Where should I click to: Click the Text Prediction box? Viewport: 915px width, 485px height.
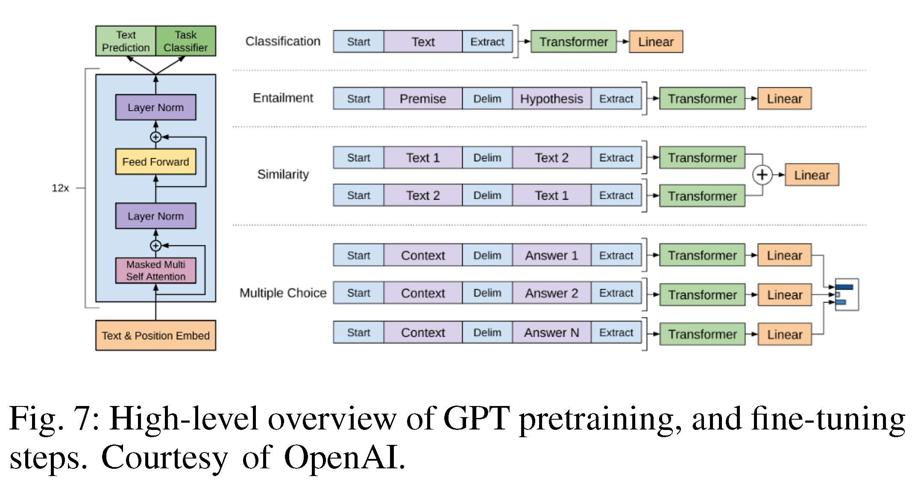point(126,41)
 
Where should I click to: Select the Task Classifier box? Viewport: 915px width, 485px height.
point(186,41)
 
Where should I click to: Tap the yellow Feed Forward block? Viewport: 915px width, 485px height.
point(155,162)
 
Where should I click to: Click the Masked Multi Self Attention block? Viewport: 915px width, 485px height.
point(155,270)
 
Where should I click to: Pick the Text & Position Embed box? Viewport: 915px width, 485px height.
point(155,336)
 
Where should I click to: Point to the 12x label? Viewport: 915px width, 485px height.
point(60,188)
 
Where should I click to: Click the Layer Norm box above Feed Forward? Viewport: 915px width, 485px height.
point(155,107)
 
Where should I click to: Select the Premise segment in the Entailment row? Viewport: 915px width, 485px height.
point(423,99)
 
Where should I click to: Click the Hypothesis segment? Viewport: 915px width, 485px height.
point(551,99)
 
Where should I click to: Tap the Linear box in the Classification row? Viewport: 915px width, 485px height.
point(656,42)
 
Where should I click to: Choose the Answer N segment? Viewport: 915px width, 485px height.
point(551,333)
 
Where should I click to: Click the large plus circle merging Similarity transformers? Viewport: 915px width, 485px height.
point(762,175)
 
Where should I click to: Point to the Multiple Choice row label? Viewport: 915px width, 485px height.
point(283,293)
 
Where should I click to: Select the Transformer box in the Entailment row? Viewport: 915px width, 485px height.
point(702,99)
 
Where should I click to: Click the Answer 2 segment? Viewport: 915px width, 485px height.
point(551,293)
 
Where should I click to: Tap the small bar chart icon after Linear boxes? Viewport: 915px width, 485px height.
point(847,295)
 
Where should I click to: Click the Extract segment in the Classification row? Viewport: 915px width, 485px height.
point(487,42)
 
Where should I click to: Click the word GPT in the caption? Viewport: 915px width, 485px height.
point(476,418)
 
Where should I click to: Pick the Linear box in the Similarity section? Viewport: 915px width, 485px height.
point(812,175)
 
